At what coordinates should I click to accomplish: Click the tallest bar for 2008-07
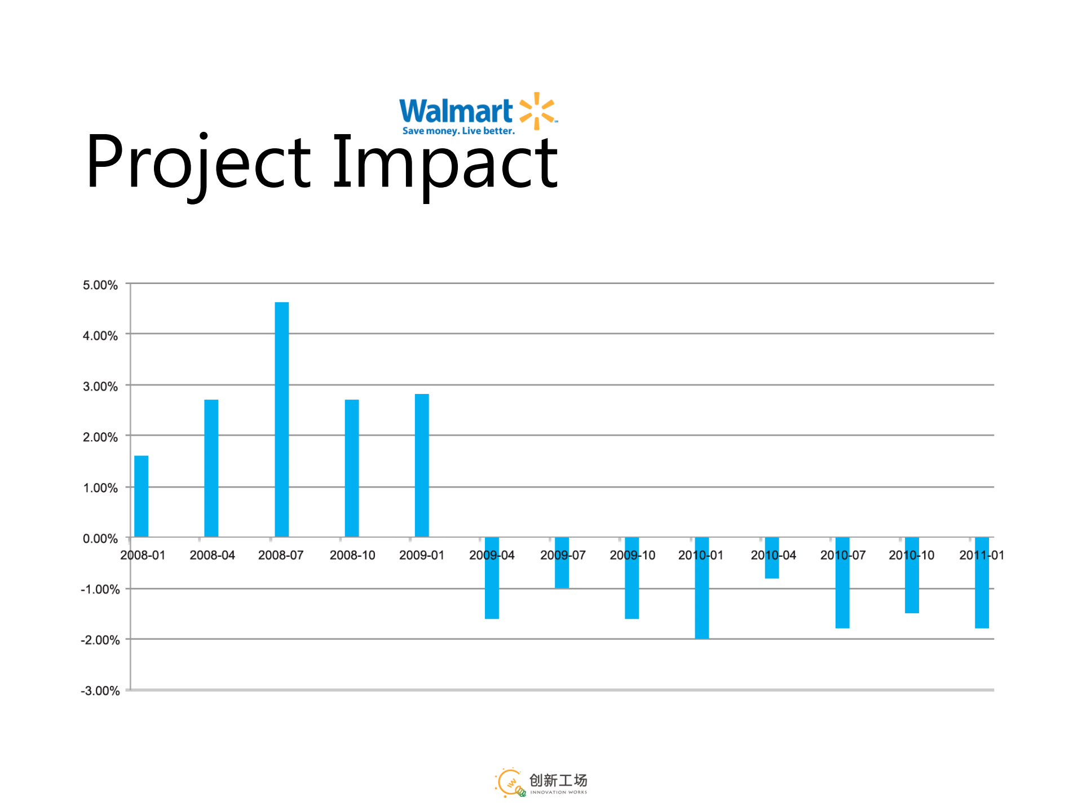(x=281, y=419)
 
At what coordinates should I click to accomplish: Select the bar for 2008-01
(x=141, y=496)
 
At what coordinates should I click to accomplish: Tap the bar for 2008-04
(x=211, y=468)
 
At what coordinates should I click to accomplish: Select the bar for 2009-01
(x=422, y=465)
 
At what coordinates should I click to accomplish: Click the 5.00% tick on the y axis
(x=100, y=285)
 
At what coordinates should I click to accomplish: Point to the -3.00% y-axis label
(x=100, y=691)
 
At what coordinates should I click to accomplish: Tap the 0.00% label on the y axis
(x=100, y=539)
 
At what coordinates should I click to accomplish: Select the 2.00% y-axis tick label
(x=100, y=437)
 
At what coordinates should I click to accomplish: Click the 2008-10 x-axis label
(x=352, y=556)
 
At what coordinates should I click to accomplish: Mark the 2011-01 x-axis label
(x=982, y=556)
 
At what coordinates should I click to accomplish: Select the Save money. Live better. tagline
(x=458, y=131)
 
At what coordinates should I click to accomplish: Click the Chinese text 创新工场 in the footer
(x=558, y=780)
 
